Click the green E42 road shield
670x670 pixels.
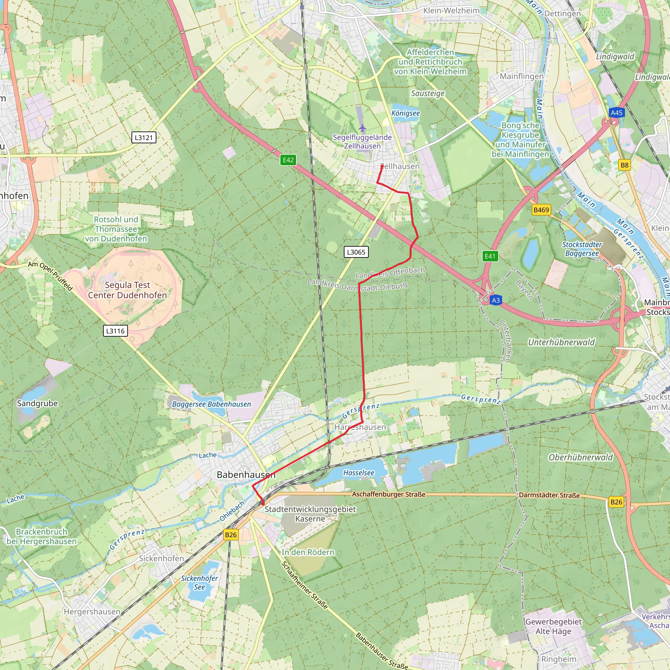click(288, 160)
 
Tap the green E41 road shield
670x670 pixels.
click(490, 256)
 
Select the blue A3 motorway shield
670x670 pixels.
click(496, 300)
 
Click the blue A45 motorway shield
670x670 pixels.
click(616, 113)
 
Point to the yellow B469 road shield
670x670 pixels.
click(541, 210)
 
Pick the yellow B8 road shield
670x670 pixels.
click(624, 165)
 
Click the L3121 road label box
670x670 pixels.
click(144, 137)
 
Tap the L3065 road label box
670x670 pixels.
click(356, 252)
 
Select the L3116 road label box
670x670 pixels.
click(115, 331)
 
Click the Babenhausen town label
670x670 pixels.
click(246, 475)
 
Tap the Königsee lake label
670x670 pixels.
click(405, 114)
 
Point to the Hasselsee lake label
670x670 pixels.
click(359, 473)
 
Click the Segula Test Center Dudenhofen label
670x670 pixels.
click(127, 290)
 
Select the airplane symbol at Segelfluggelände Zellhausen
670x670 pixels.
click(362, 128)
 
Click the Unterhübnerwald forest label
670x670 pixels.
click(561, 342)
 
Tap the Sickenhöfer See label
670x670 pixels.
click(200, 583)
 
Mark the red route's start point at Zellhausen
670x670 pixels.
click(382, 167)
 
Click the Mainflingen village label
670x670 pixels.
click(521, 76)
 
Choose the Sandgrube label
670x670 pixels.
click(37, 403)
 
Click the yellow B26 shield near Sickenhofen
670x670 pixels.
click(231, 535)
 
